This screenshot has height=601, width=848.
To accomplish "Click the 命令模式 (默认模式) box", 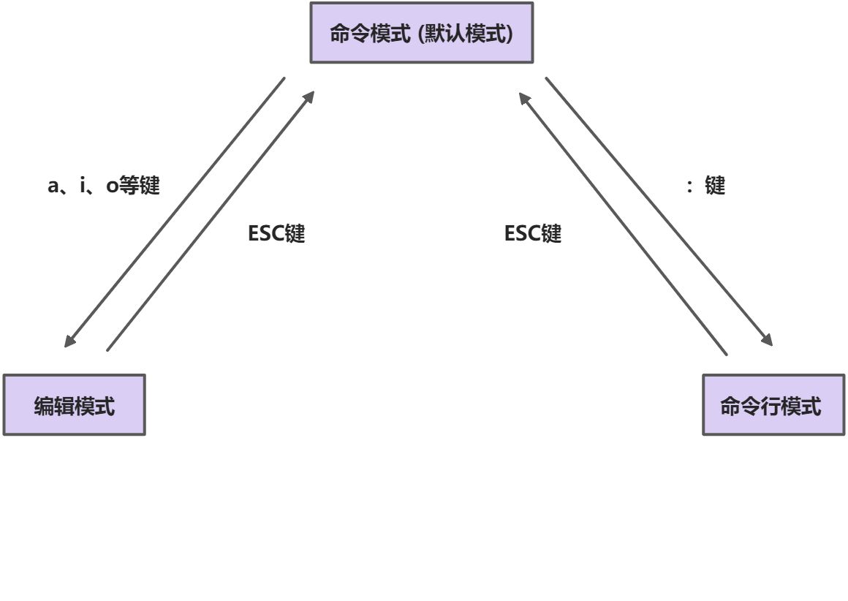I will pos(422,33).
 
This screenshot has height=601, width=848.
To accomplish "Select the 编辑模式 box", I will pos(75,405).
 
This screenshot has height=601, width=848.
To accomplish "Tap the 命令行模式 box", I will pos(774,405).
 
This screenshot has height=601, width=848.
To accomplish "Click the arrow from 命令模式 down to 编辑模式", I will pos(175,212).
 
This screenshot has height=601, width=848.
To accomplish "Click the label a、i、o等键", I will pos(103,186).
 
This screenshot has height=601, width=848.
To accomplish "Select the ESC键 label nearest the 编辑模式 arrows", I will pos(276,234).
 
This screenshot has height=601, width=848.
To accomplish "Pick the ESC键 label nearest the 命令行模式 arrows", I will pos(533,234).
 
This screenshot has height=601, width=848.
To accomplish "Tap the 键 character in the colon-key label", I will pos(714,186).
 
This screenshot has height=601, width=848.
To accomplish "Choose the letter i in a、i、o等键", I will pos(83,186).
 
